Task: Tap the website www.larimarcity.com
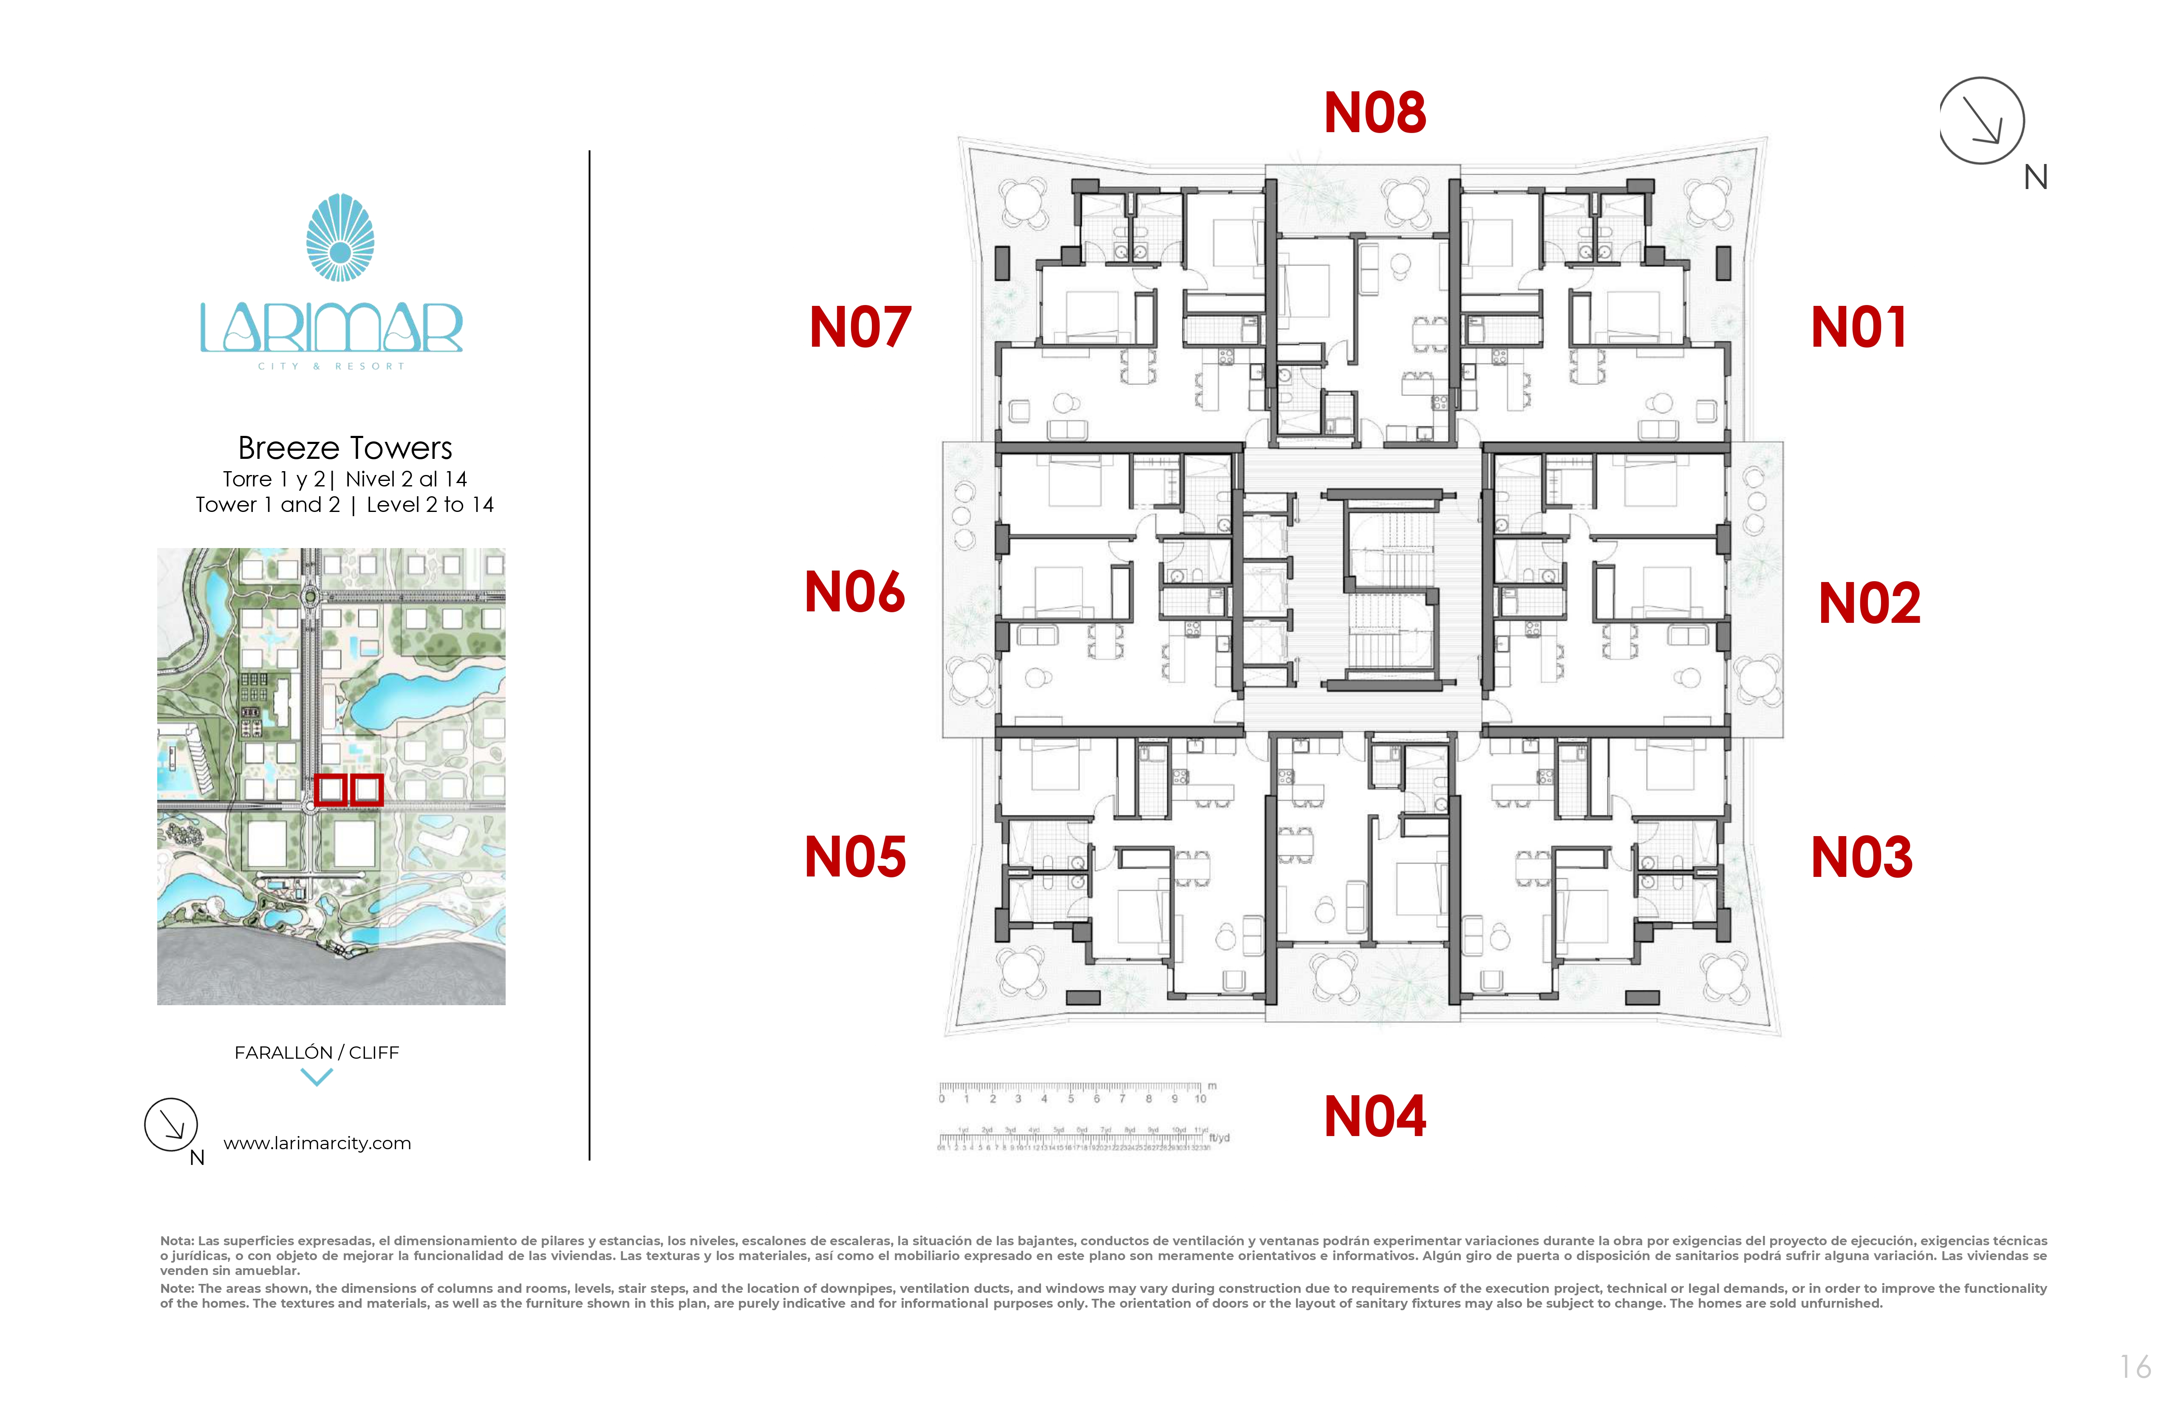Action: tap(317, 1143)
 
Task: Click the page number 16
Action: tap(2134, 1366)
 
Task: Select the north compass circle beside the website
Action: tap(171, 1125)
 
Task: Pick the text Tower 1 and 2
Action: tap(268, 505)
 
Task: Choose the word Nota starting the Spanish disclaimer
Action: tap(177, 1241)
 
